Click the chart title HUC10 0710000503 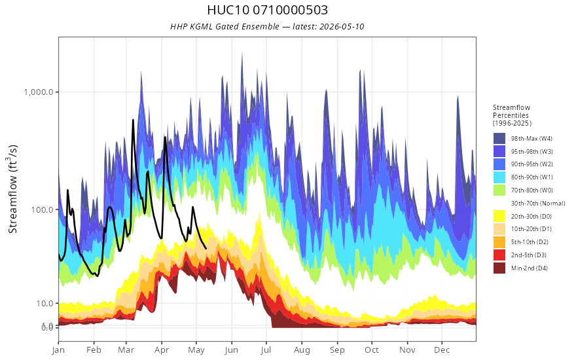pos(267,10)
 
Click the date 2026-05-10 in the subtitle pos(342,26)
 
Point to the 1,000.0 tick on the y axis pos(39,92)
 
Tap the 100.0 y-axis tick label pos(43,209)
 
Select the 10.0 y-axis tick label pos(45,304)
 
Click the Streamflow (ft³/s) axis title pos(13,189)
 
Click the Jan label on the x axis pos(58,350)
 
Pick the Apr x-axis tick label pos(162,350)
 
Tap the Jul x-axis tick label pos(266,350)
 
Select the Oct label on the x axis pos(372,350)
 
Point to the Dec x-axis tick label pos(442,350)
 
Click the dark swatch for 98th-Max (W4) pos(499,139)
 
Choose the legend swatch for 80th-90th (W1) pos(499,177)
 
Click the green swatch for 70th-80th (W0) pos(499,190)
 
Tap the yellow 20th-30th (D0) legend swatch pos(499,216)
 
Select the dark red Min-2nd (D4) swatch pos(499,268)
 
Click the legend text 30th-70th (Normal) pos(538,203)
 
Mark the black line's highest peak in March pos(133,120)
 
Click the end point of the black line pos(206,249)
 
